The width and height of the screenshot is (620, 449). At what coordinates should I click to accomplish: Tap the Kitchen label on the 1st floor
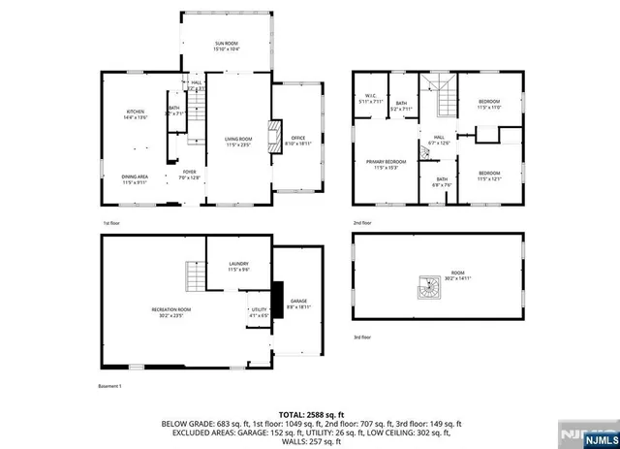(x=135, y=115)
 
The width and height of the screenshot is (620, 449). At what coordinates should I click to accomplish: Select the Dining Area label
(x=135, y=178)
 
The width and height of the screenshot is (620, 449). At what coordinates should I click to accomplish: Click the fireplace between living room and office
(x=274, y=132)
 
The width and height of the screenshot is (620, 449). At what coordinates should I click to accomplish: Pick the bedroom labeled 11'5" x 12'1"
(x=488, y=176)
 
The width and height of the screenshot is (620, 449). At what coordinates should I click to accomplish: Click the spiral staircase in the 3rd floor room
(x=427, y=288)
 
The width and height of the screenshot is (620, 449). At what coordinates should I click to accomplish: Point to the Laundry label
(x=238, y=267)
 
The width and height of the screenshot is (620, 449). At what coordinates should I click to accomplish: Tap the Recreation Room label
(x=170, y=312)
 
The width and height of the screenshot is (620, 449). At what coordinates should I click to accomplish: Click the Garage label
(x=298, y=305)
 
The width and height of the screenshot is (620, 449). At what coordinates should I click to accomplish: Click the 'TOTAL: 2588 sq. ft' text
(x=309, y=414)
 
